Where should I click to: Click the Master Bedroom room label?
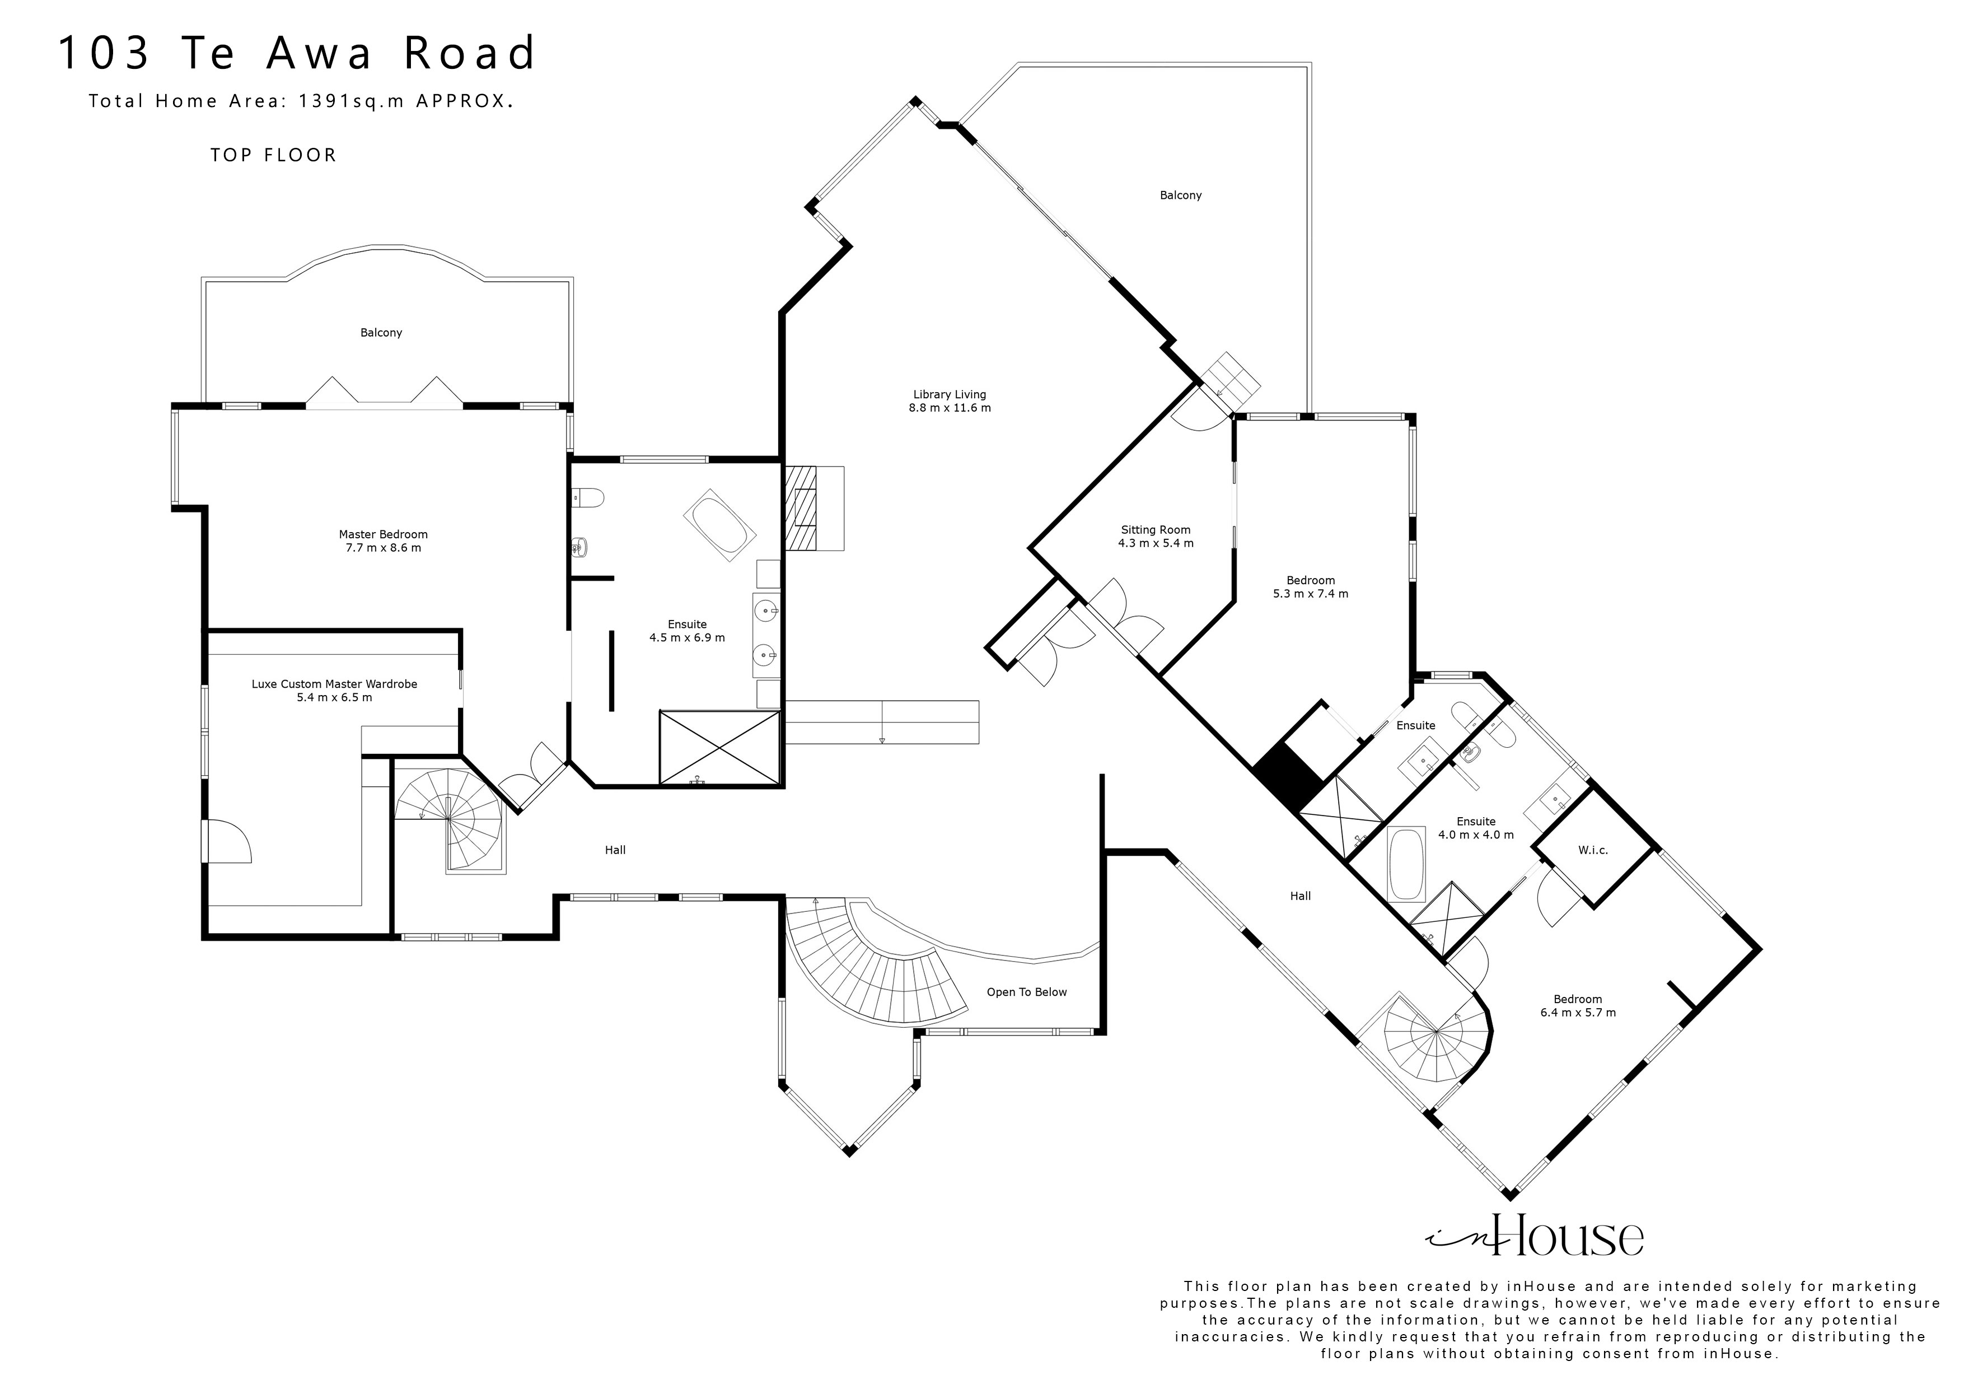[x=383, y=534]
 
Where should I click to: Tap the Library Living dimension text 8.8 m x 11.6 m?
[x=950, y=408]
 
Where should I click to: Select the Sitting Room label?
[x=1156, y=530]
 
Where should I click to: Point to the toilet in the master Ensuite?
[x=588, y=496]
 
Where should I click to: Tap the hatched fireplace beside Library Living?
[x=801, y=507]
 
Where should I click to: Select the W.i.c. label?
[x=1593, y=850]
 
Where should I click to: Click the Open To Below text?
[x=1026, y=992]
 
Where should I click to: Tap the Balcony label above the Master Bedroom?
[x=381, y=332]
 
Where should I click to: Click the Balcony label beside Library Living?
[x=1180, y=195]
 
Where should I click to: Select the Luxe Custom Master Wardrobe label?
[x=334, y=684]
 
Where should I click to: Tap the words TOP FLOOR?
[x=274, y=155]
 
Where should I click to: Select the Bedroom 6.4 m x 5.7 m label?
[x=1577, y=999]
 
